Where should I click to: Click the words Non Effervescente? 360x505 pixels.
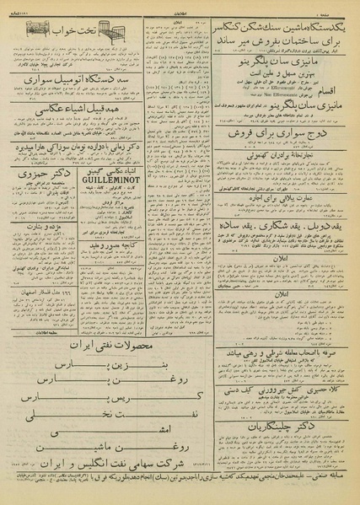click(258, 95)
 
